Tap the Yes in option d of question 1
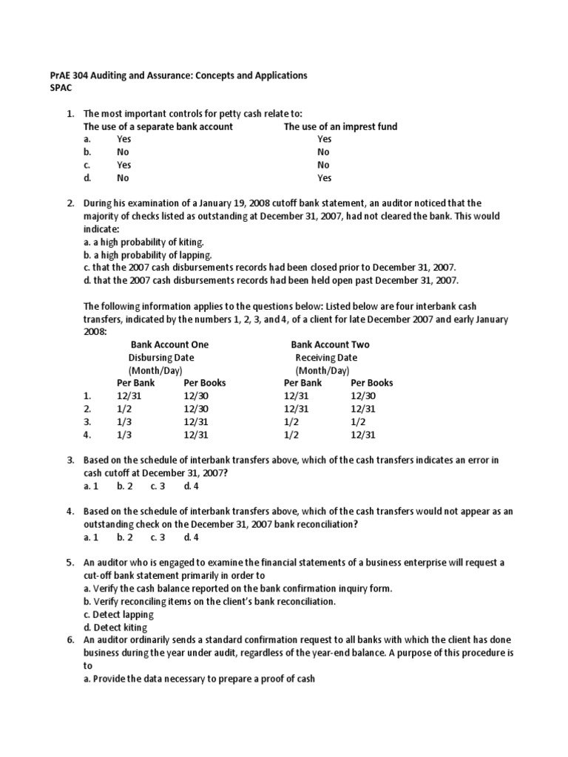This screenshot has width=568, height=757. (324, 178)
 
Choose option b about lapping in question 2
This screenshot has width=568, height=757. (143, 255)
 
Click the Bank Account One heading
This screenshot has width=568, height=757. (170, 344)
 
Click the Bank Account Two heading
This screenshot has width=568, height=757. (330, 344)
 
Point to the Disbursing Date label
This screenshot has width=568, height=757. (161, 358)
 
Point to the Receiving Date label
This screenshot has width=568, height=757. (326, 358)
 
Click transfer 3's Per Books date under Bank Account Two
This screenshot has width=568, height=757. (358, 422)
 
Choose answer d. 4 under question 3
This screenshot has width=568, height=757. (192, 486)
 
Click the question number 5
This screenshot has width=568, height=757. (70, 563)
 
